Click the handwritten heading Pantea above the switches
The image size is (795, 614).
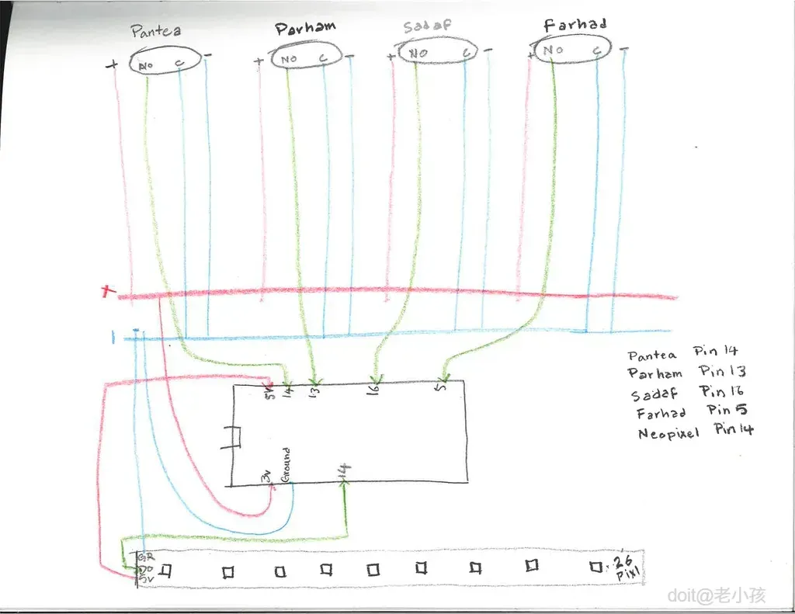click(x=156, y=32)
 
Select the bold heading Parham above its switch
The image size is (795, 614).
click(x=305, y=29)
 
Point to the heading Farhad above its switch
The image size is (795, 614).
click(x=575, y=26)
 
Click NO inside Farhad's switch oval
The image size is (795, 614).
click(x=553, y=51)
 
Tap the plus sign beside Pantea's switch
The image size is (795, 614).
click(x=112, y=66)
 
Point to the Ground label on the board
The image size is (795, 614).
click(x=286, y=465)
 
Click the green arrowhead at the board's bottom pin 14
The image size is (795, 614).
click(x=344, y=482)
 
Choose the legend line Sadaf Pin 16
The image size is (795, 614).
click(x=687, y=393)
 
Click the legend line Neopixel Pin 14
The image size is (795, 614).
click(x=695, y=432)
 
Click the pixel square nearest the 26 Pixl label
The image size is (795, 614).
click(x=595, y=567)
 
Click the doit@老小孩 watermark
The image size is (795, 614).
click(x=717, y=595)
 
